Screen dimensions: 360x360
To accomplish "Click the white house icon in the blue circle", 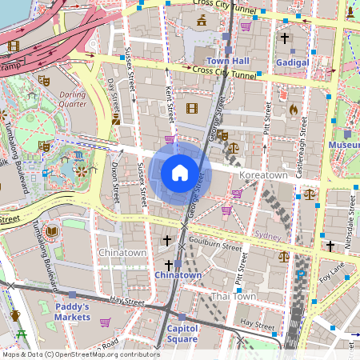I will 180,172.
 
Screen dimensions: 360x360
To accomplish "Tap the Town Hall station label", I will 228,61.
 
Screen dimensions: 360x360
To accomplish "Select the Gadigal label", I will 291,62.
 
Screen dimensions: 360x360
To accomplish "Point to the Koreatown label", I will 264,174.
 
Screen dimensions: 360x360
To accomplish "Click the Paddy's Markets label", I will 72,312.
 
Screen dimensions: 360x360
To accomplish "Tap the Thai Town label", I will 233,296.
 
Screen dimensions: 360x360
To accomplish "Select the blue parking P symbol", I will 301,274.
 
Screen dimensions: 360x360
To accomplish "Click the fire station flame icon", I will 293,109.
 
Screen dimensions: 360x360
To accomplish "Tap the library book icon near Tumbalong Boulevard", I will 52,232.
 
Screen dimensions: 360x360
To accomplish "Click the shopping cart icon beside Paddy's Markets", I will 105,322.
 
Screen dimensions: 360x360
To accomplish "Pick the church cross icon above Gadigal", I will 285,38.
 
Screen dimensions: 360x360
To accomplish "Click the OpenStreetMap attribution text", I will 80,354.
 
